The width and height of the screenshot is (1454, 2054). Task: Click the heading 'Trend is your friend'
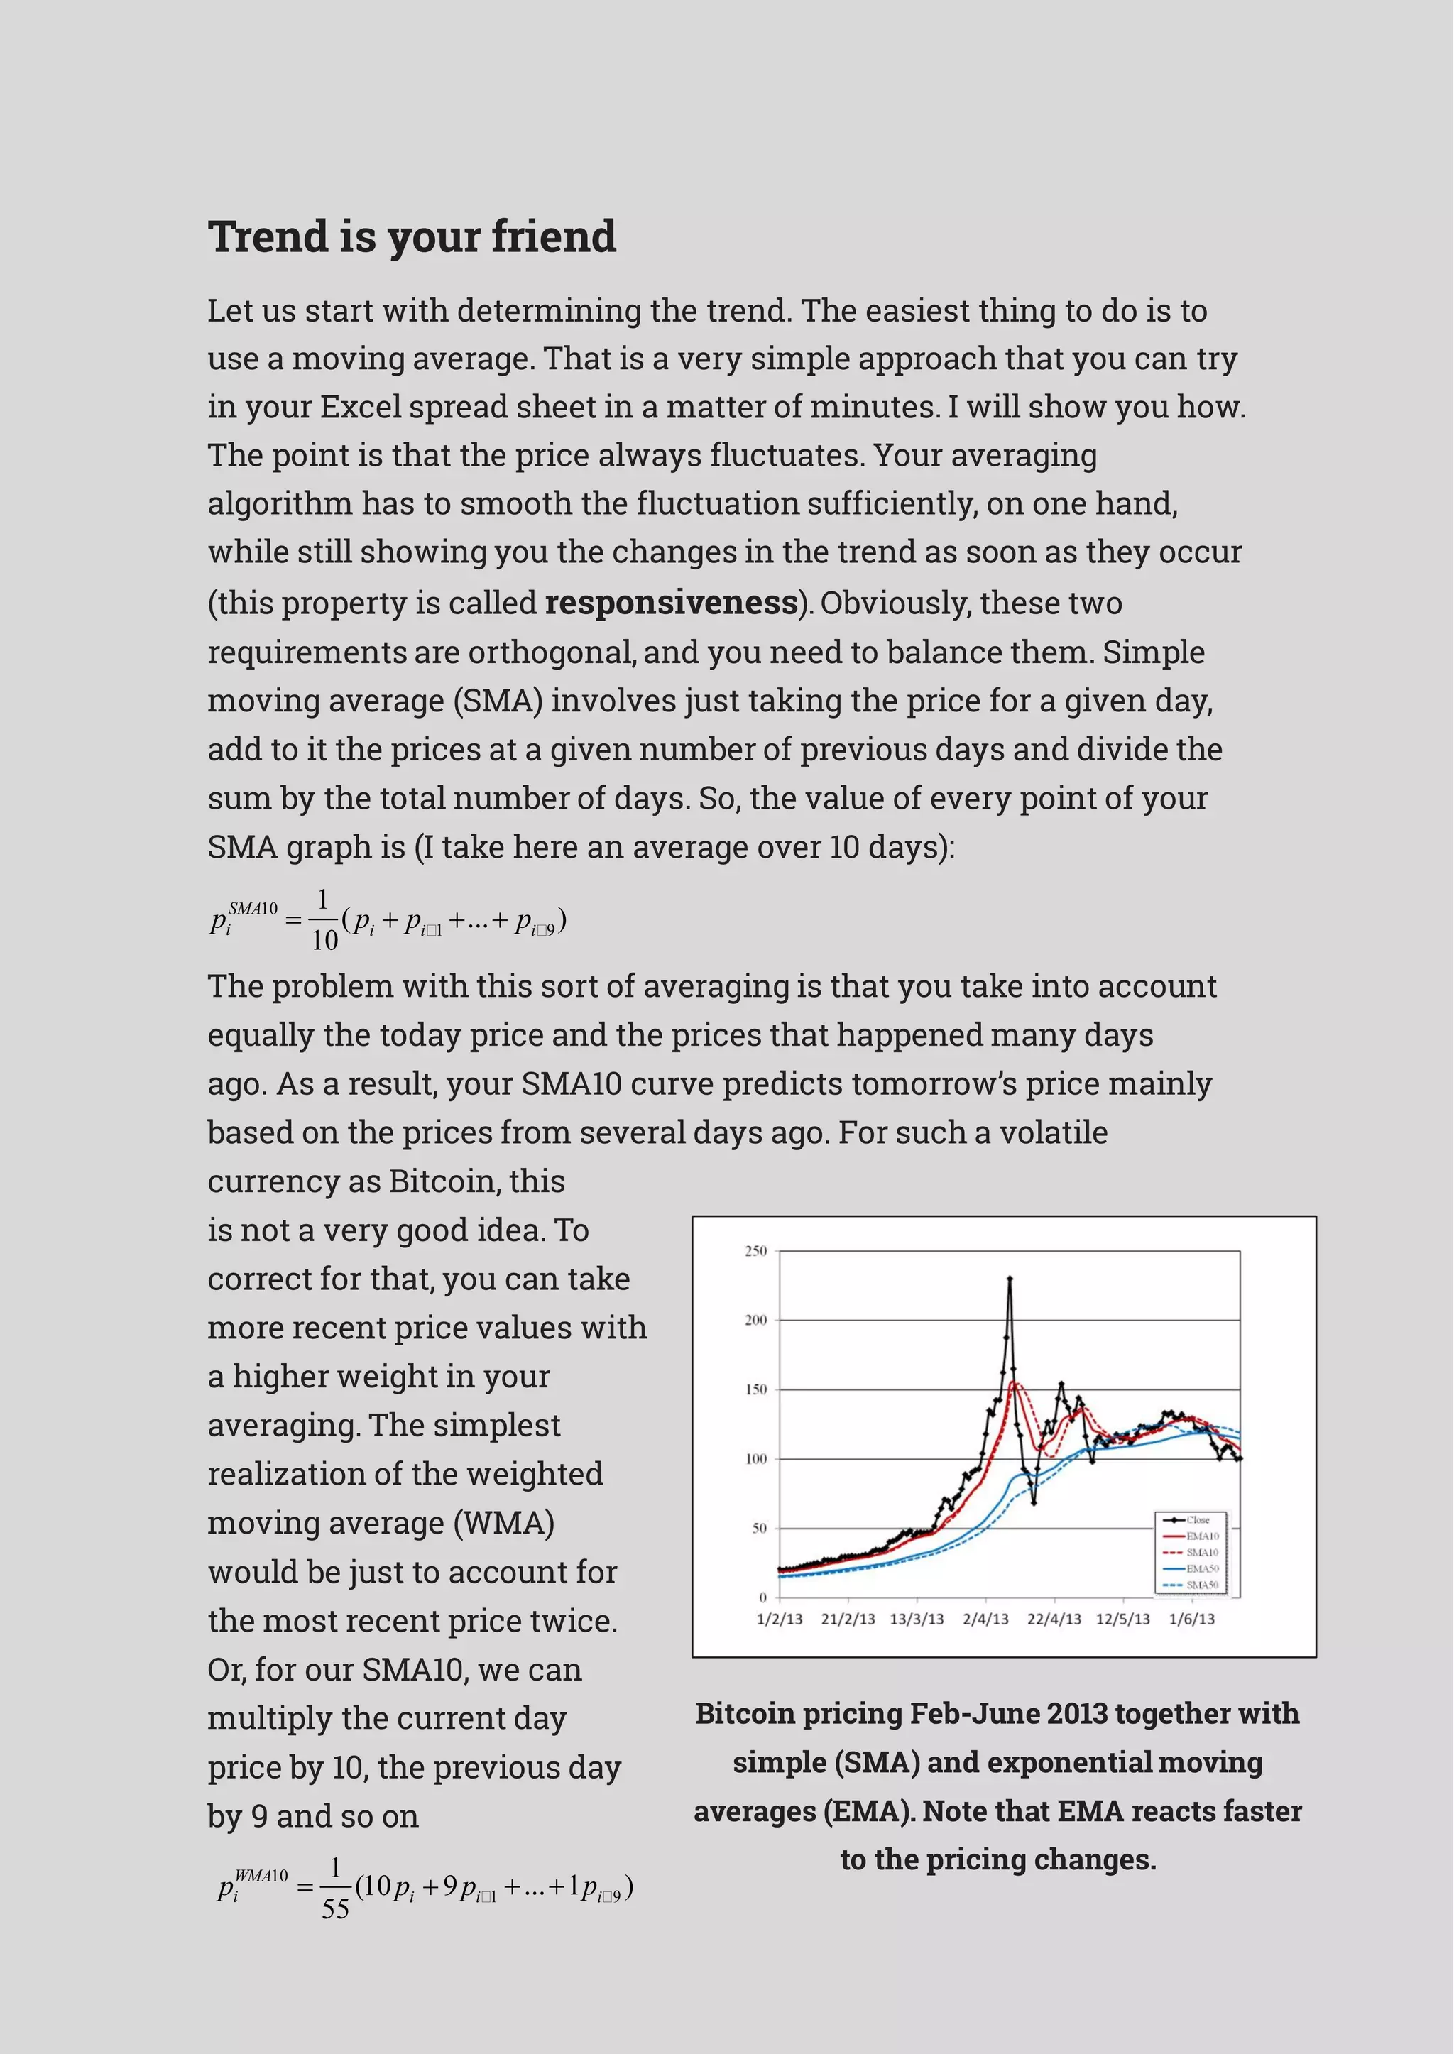coord(412,237)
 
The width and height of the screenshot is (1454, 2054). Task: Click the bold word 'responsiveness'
coord(671,603)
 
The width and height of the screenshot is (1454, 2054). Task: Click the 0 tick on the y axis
coord(762,1597)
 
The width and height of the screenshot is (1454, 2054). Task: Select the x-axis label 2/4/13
coord(985,1619)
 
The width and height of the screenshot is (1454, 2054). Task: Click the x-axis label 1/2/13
coord(779,1619)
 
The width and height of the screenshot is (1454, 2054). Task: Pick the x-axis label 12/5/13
coord(1122,1619)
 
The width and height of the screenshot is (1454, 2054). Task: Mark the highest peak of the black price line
coord(1010,1279)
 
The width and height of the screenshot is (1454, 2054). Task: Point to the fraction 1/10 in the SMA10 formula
coord(323,919)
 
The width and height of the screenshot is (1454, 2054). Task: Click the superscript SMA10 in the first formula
coord(253,909)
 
